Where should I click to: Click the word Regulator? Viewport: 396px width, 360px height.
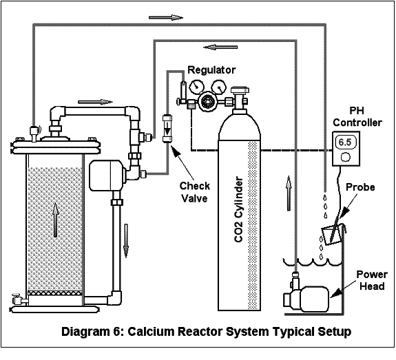point(211,70)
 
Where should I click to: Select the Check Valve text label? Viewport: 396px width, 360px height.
point(194,192)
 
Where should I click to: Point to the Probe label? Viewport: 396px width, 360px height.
point(360,187)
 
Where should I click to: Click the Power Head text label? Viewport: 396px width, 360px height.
point(371,279)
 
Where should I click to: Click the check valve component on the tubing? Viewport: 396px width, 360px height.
point(166,129)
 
